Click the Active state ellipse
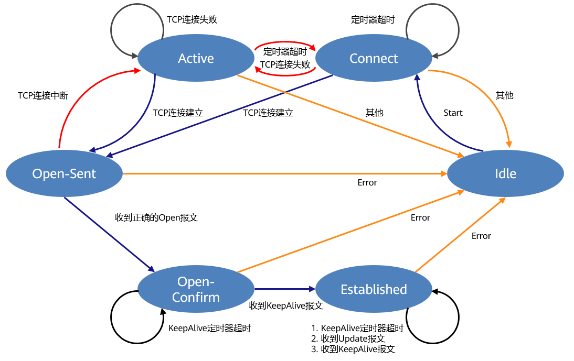click(x=196, y=59)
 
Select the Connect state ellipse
click(x=374, y=59)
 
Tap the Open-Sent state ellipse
click(x=64, y=173)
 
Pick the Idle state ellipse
click(x=505, y=173)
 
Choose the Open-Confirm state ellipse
click(x=196, y=289)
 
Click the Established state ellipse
click(x=374, y=289)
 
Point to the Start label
click(x=453, y=113)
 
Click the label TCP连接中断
click(x=42, y=95)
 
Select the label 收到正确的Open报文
click(x=156, y=217)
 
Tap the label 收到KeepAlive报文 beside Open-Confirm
click(x=285, y=305)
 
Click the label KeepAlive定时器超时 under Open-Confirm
click(x=209, y=329)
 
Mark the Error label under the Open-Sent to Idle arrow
click(x=367, y=182)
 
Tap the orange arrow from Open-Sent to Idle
click(x=283, y=173)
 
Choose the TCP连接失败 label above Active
click(x=192, y=19)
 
